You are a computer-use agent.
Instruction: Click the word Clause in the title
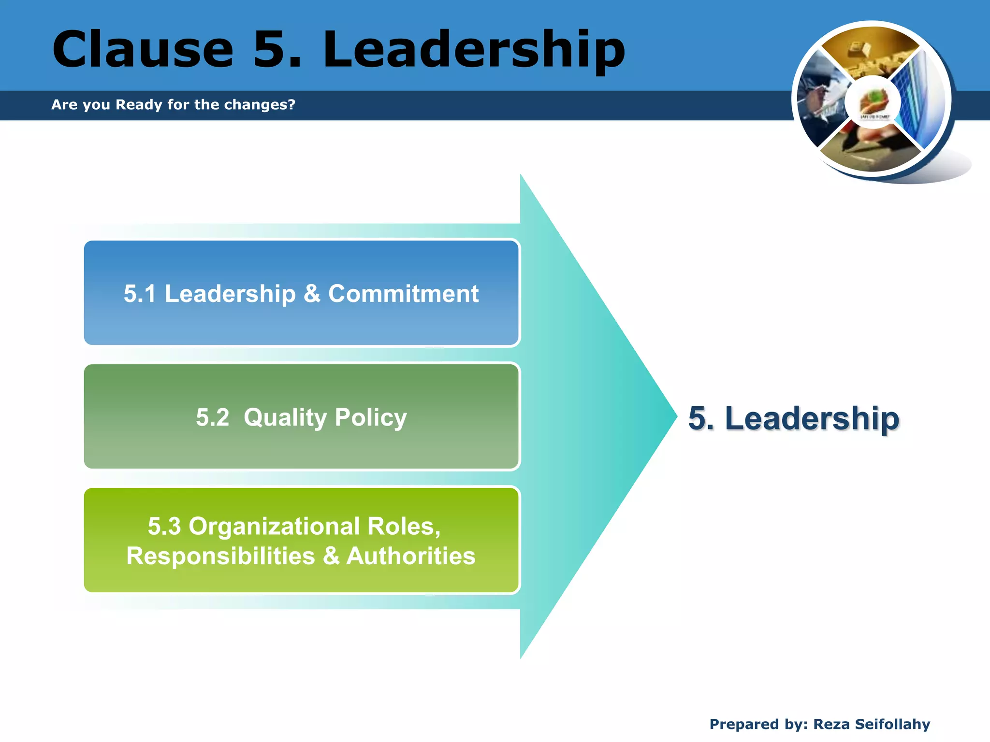click(143, 49)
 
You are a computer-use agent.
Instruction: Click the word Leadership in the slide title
click(474, 49)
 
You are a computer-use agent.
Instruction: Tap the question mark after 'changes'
click(291, 104)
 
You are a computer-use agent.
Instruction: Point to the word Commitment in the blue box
click(403, 294)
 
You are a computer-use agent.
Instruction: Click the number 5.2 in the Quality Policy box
click(213, 417)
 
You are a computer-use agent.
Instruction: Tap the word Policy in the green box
click(371, 417)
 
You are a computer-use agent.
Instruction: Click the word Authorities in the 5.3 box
click(411, 556)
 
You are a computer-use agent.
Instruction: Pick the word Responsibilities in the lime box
click(220, 556)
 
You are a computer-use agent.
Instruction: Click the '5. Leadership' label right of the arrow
click(794, 418)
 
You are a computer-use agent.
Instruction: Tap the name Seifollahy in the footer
click(892, 724)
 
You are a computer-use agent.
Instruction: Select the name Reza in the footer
click(831, 724)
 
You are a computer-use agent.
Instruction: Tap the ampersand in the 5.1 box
click(312, 294)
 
